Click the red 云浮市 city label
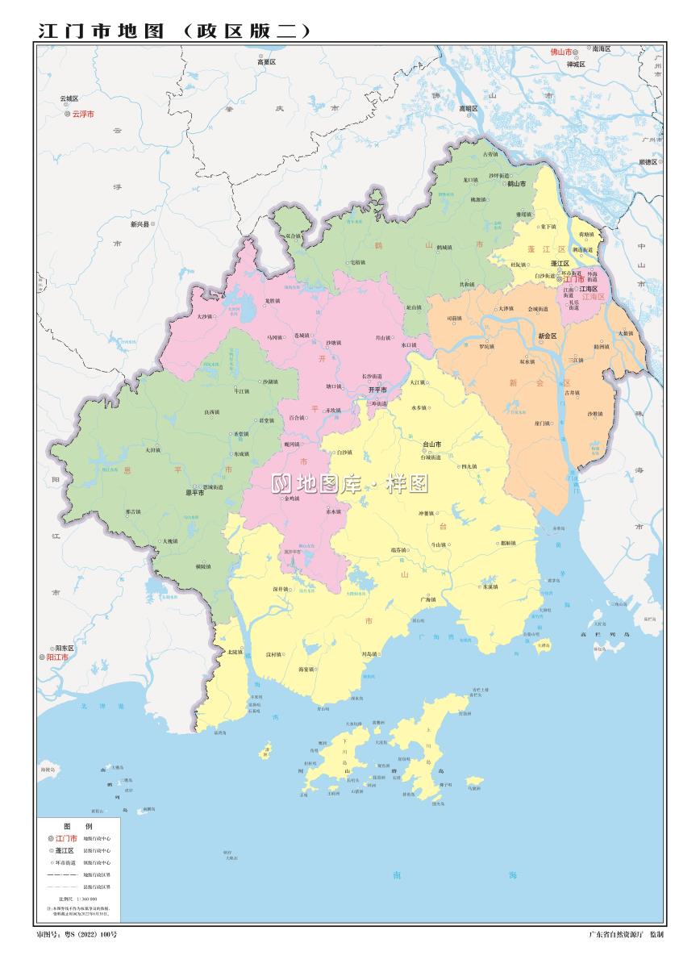pyautogui.click(x=83, y=115)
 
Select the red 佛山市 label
pyautogui.click(x=560, y=51)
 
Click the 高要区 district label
pyautogui.click(x=266, y=61)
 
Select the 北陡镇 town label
pyautogui.click(x=234, y=651)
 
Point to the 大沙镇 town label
pyautogui.click(x=204, y=317)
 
